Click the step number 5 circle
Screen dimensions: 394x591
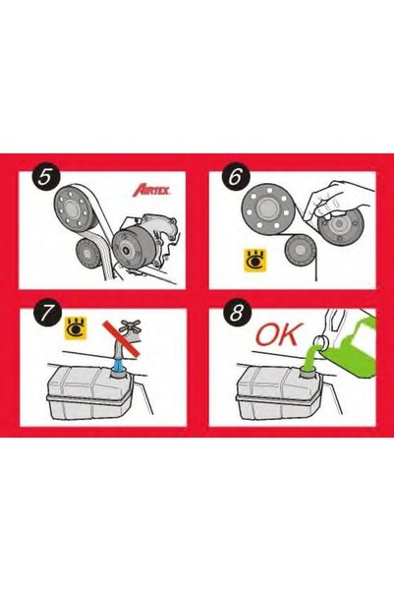point(46,177)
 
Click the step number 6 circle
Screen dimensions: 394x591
point(236,177)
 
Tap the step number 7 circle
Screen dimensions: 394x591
point(46,314)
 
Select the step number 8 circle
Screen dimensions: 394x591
point(236,314)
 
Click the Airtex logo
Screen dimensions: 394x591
point(151,190)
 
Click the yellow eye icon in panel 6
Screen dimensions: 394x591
point(255,260)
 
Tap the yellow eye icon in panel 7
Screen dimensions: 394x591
point(76,327)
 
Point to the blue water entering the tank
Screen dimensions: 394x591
point(119,367)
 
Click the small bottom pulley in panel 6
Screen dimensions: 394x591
point(301,250)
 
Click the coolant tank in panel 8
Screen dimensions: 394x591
point(279,393)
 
